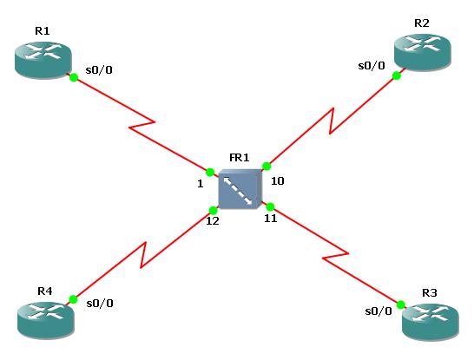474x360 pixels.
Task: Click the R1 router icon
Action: click(43, 59)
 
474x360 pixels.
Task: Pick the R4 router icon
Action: click(46, 319)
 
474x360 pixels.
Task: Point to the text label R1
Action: click(42, 31)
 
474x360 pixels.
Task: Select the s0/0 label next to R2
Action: click(372, 64)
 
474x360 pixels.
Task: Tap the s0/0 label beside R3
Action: click(378, 311)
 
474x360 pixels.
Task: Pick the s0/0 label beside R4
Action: click(100, 303)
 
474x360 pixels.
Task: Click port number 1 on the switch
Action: click(199, 183)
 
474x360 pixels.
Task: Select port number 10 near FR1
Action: click(278, 182)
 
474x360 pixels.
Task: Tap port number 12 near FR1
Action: click(212, 221)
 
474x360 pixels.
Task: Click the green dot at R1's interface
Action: click(74, 78)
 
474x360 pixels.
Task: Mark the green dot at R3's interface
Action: click(401, 304)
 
